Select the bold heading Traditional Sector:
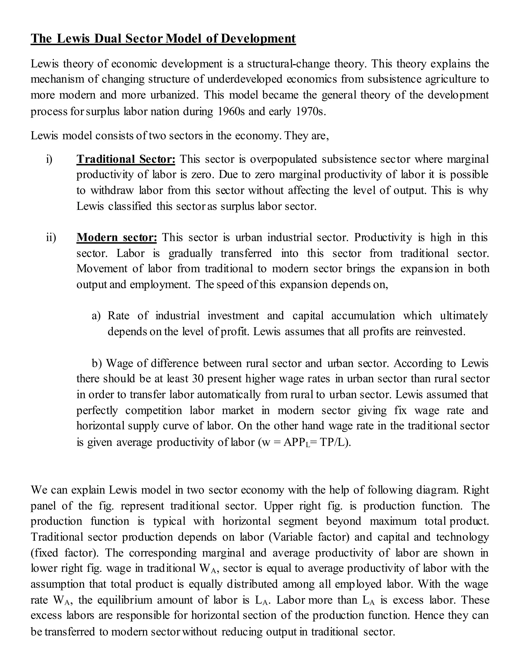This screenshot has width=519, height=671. pyautogui.click(x=126, y=159)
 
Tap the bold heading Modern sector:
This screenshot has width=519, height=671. pyautogui.click(x=117, y=238)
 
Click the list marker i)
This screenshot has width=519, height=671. pyautogui.click(x=49, y=159)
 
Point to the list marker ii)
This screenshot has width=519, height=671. pyautogui.click(x=51, y=238)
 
